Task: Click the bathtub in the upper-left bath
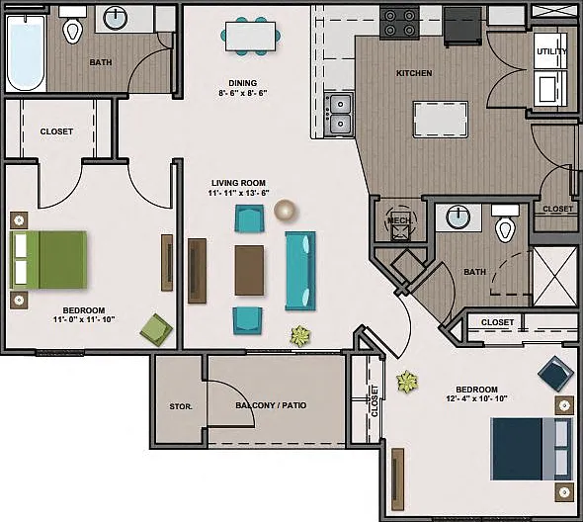tap(26, 52)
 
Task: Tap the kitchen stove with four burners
tap(399, 23)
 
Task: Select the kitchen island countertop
tap(441, 120)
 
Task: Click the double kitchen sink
tap(338, 114)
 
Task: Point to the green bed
tap(48, 260)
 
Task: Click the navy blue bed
tap(532, 449)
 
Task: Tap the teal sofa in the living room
tap(300, 271)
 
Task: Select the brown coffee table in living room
tap(249, 270)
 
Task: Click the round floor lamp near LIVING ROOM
tap(285, 211)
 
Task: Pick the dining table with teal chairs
tap(251, 37)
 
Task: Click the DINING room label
tap(243, 83)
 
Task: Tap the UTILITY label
tap(551, 51)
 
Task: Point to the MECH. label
tap(399, 220)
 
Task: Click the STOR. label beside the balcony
tap(181, 406)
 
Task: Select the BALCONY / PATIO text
tap(271, 405)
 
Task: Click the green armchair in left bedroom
tap(156, 329)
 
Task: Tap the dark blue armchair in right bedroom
tap(556, 374)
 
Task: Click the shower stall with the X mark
tap(554, 276)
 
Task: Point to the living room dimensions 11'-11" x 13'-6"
tap(239, 193)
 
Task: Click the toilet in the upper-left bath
tap(72, 28)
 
